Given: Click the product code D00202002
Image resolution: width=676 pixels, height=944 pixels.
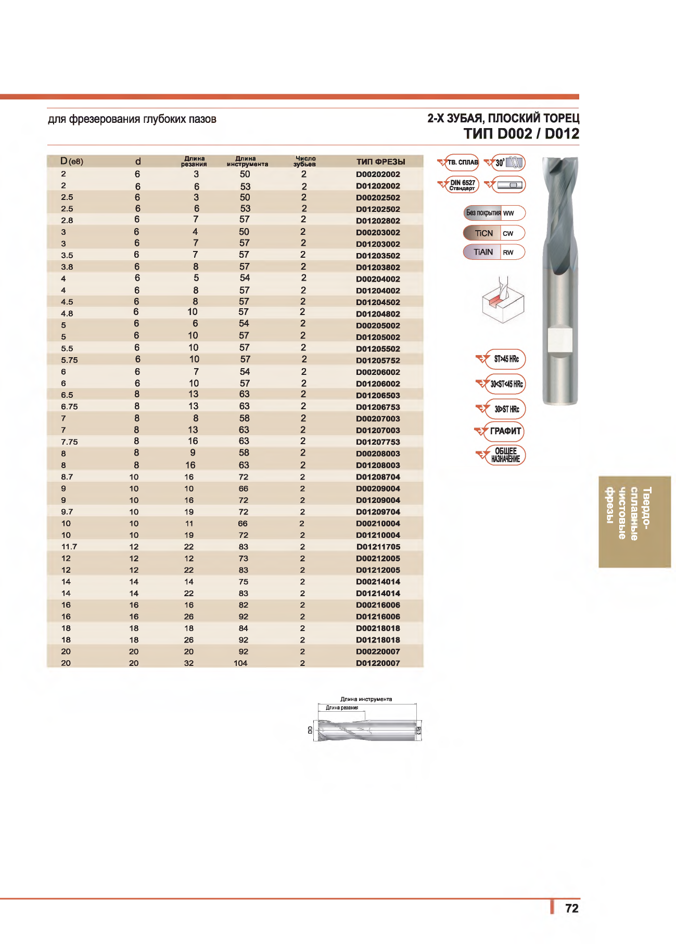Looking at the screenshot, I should point(378,174).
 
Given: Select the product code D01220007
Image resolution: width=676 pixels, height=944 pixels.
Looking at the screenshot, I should point(378,663).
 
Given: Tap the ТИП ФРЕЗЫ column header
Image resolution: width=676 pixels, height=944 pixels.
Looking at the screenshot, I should point(380,162).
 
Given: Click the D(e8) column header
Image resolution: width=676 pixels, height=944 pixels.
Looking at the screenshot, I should point(72,161).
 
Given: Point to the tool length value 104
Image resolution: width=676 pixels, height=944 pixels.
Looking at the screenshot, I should point(240,663).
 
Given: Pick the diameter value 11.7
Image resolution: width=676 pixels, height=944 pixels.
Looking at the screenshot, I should point(69,547).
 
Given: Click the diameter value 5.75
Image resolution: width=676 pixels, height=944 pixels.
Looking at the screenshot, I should point(69,360).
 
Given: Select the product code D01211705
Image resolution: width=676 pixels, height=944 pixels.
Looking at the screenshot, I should point(378,547).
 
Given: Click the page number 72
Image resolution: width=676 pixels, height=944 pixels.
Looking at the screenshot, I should point(571,908).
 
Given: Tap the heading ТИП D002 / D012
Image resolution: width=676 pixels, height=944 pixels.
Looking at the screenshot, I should point(521,134).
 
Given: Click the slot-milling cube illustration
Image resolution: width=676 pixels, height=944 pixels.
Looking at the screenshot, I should point(502,302).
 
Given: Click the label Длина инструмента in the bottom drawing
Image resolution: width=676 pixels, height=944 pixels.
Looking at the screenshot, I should point(366,699).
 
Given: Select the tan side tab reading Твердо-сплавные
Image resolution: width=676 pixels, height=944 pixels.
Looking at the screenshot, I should point(634,521).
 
